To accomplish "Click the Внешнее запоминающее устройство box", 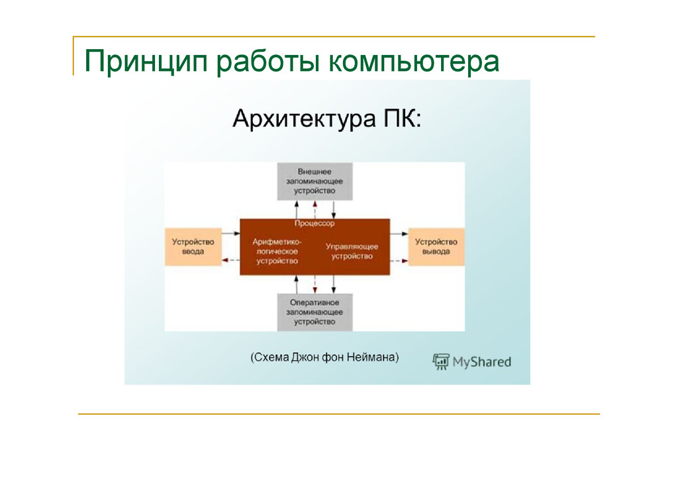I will pyautogui.click(x=315, y=180).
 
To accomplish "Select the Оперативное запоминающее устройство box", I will pyautogui.click(x=315, y=312).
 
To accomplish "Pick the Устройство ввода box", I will pyautogui.click(x=193, y=247).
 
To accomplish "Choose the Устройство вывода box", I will pyautogui.click(x=436, y=247).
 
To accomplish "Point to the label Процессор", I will pyautogui.click(x=315, y=224).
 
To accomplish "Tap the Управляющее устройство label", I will pyautogui.click(x=352, y=251).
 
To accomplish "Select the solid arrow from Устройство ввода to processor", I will pyautogui.click(x=230, y=233).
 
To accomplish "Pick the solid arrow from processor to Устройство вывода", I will pyautogui.click(x=399, y=233).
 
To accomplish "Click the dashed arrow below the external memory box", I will pyautogui.click(x=316, y=208).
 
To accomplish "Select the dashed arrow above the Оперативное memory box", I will pyautogui.click(x=316, y=284).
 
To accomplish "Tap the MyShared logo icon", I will pyautogui.click(x=440, y=361).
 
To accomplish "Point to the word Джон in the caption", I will pyautogui.click(x=307, y=358).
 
